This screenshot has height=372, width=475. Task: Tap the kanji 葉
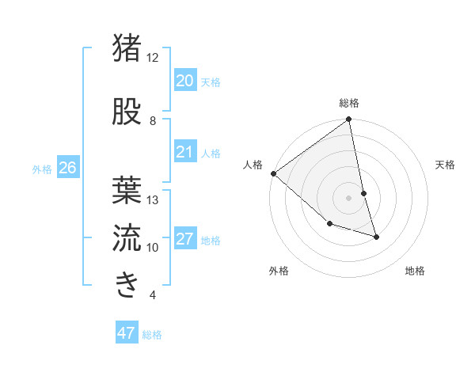click(127, 188)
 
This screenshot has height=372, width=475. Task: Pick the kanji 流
click(127, 236)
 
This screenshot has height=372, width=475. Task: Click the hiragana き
click(127, 283)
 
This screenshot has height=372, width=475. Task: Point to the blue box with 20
click(184, 80)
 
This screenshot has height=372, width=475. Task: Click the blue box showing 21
click(184, 152)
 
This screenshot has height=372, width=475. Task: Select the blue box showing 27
click(184, 239)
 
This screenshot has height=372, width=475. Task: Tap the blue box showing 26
click(67, 167)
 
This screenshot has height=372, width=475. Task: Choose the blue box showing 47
click(127, 333)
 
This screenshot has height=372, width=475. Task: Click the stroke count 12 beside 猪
click(152, 58)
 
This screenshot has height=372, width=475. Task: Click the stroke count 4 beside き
click(152, 295)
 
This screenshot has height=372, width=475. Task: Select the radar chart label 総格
click(349, 103)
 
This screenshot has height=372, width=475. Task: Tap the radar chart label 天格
click(446, 165)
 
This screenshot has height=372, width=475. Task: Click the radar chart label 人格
click(253, 165)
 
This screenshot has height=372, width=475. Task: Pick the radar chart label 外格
click(279, 271)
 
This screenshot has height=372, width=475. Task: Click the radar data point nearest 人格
click(273, 173)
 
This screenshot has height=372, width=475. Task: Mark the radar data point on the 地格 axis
click(376, 237)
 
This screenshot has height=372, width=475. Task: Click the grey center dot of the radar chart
click(349, 198)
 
